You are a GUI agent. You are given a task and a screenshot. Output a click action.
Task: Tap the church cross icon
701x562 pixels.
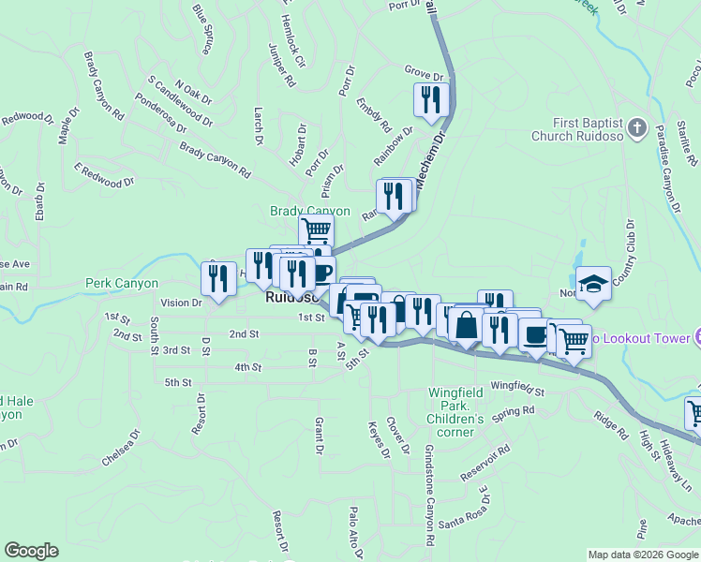[636, 127]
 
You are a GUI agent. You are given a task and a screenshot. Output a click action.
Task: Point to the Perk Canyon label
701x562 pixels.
[122, 283]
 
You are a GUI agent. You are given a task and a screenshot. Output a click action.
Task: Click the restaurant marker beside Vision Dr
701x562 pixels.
[218, 278]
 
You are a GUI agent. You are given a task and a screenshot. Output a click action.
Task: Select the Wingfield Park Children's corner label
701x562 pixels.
[456, 406]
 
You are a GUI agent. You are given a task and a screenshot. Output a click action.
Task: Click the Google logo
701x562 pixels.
[31, 551]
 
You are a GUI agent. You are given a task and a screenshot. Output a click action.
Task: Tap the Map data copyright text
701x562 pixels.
[643, 555]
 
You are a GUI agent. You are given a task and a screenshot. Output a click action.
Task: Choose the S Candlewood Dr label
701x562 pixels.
[181, 102]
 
